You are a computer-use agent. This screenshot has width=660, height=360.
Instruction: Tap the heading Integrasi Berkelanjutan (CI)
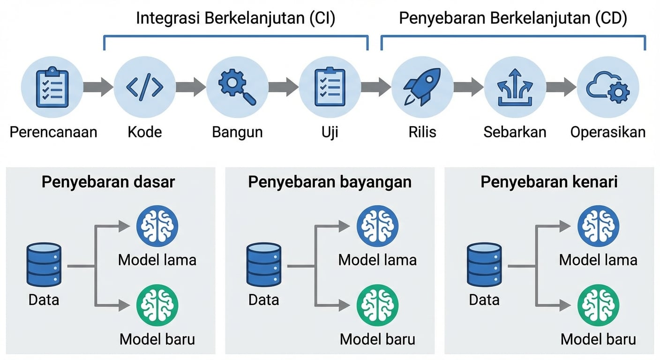point(235,19)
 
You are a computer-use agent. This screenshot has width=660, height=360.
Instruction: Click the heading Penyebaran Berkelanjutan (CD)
point(513,19)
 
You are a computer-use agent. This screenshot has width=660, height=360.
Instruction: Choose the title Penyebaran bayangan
point(330,182)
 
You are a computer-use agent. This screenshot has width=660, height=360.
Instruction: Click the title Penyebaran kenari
point(549,182)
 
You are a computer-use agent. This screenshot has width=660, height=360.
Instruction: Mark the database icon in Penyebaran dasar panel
point(44,265)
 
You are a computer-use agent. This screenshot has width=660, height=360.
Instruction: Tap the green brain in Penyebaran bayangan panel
point(378,305)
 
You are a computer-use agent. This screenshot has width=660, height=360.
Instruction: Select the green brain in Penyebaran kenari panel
point(598,305)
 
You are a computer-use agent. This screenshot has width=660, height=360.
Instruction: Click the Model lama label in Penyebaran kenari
point(598,260)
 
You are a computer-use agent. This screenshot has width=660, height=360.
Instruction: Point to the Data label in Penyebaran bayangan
point(264,299)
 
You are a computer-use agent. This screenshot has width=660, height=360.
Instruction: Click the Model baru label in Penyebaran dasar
point(157,338)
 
